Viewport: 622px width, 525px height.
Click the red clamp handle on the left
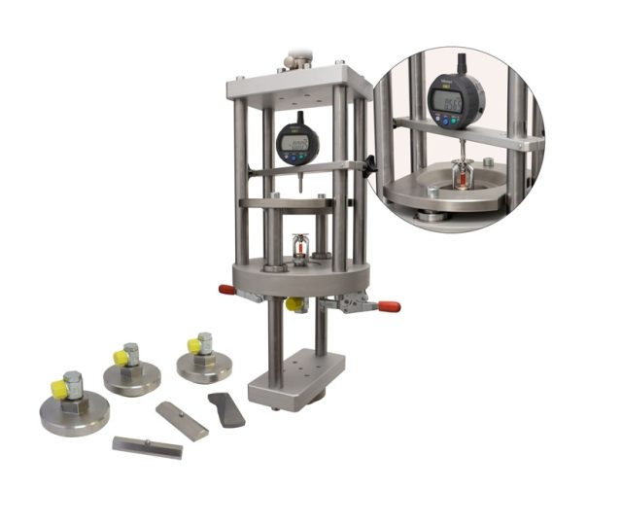coord(225,289)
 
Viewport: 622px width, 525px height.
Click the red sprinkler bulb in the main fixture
coord(300,255)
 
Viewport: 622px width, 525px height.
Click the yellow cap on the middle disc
coord(121,357)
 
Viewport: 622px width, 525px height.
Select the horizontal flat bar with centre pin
coord(147,446)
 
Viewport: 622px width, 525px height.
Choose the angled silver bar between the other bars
coord(182,420)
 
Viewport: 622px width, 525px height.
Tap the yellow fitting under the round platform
coord(295,305)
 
